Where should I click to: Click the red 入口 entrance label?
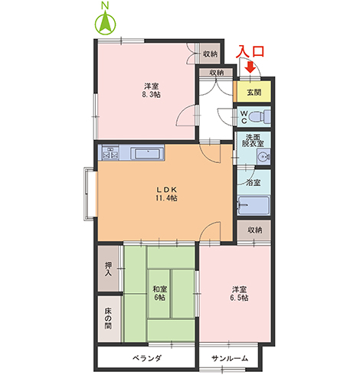point(251,51)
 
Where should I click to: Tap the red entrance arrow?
point(250,67)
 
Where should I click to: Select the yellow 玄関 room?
point(253,91)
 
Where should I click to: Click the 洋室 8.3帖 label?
point(150,90)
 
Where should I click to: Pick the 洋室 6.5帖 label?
point(239,294)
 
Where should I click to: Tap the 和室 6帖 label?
point(160,292)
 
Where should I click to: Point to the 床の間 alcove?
point(109,317)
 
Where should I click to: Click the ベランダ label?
point(146,357)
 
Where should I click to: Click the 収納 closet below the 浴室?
point(254,230)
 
